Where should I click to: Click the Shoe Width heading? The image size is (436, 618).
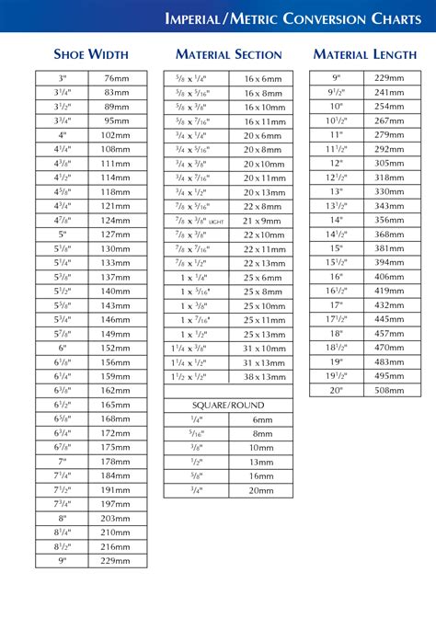pos(91,55)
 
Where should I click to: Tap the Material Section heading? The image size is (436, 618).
pos(228,55)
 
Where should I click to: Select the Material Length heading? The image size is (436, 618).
pos(365,55)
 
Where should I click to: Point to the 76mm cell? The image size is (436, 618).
pos(116,79)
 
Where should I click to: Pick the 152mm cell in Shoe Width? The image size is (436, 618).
pos(116,349)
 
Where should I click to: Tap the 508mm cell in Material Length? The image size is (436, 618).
pos(390,390)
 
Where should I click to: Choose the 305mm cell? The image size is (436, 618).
pos(390,162)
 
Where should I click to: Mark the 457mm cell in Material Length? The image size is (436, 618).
pos(390,334)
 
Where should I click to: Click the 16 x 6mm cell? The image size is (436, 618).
pos(263,80)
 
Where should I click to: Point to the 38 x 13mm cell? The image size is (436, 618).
pos(263,377)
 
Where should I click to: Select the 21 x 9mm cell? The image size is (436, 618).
pos(263,221)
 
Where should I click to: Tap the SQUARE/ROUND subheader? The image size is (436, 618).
pos(228,405)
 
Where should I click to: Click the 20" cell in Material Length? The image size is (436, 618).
pos(337,390)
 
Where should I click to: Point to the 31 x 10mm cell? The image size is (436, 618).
pos(263,349)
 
